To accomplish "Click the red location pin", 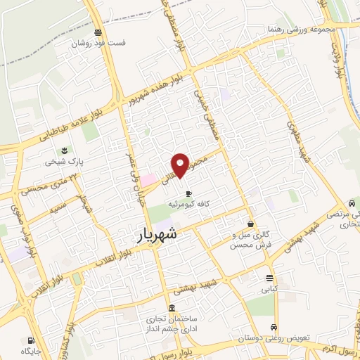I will (181, 165).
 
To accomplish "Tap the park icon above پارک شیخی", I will (65, 150).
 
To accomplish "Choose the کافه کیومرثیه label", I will (188, 205).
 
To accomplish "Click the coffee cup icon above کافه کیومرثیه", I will (188, 193).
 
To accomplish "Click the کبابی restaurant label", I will (270, 288).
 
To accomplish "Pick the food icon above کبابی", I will (270, 277).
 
